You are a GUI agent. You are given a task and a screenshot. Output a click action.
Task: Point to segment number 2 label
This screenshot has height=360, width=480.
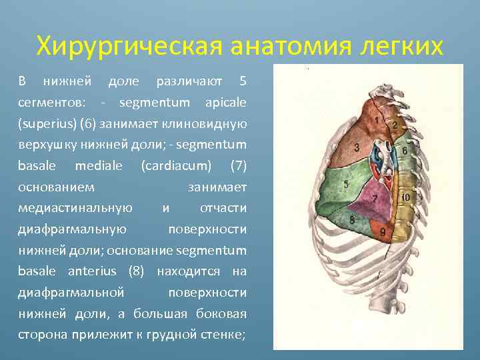(395, 125)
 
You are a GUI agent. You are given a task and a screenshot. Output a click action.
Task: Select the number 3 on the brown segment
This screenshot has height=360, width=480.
(357, 147)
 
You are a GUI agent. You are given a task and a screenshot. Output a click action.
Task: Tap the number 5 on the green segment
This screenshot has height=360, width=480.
(345, 184)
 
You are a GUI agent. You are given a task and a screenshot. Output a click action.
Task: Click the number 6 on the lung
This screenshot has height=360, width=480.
(405, 151)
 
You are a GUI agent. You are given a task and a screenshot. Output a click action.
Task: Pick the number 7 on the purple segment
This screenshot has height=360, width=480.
(375, 199)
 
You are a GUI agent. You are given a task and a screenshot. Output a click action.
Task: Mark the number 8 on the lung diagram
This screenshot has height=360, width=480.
(351, 220)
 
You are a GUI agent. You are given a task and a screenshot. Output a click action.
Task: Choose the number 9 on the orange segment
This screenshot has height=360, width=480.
(382, 232)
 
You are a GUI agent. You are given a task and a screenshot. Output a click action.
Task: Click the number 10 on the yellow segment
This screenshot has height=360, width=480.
(405, 198)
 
